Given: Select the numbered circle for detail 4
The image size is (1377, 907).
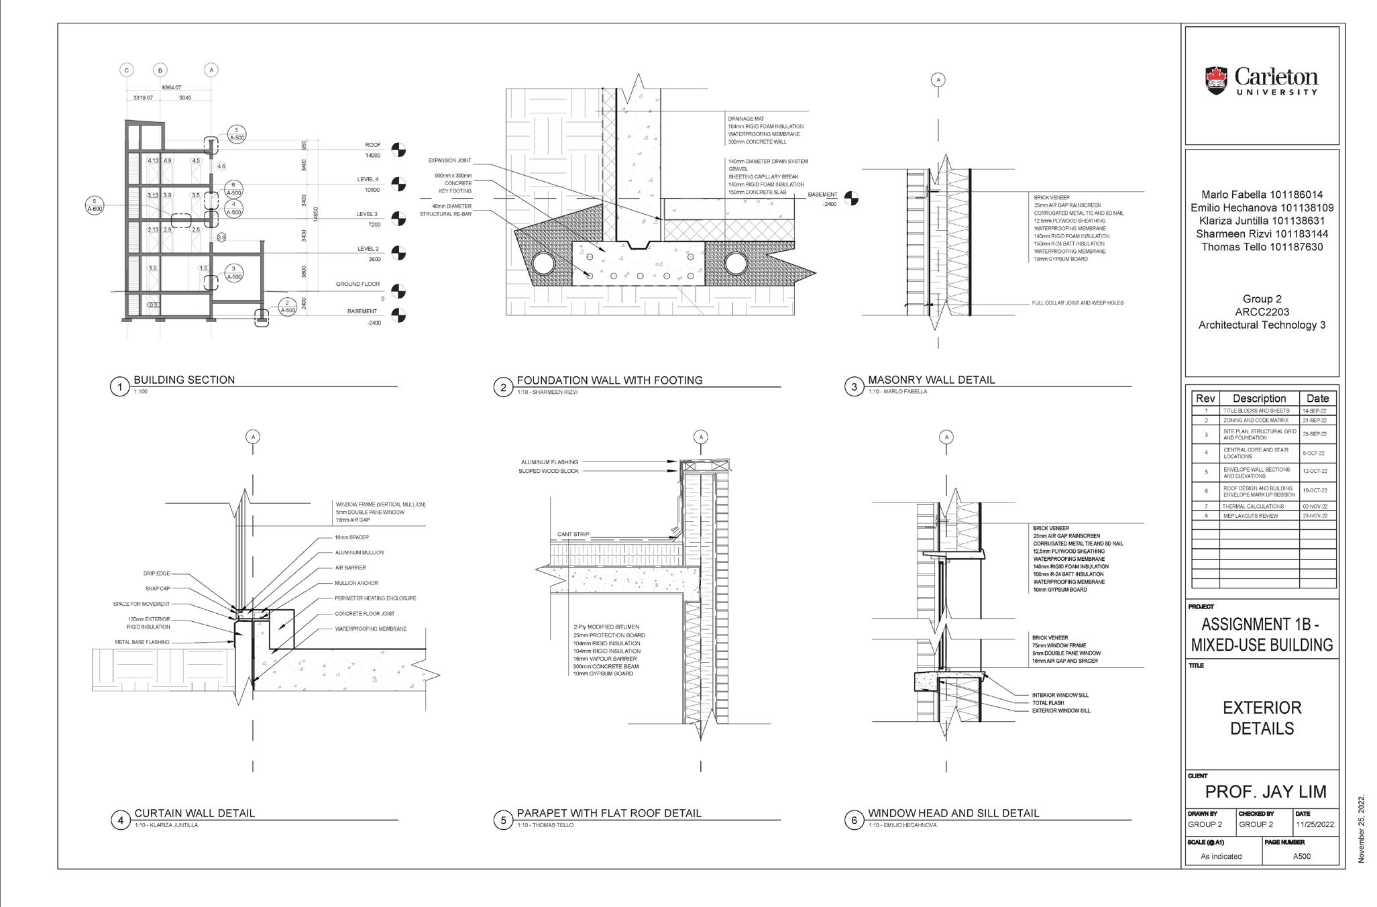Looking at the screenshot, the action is click(120, 820).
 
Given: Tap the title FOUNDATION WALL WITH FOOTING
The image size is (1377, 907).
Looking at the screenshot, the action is click(609, 380).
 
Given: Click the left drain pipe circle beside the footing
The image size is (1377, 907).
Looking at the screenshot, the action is click(543, 264).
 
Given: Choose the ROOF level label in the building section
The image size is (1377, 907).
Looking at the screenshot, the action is click(373, 145).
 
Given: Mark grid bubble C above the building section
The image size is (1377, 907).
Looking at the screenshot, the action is click(127, 70).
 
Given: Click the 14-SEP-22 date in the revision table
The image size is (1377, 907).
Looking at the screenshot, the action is click(1318, 411).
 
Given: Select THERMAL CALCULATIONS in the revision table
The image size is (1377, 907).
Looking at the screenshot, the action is click(1252, 506).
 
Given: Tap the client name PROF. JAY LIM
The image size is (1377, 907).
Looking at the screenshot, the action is click(1265, 792).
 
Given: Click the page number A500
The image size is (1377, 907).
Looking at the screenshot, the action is click(1301, 856).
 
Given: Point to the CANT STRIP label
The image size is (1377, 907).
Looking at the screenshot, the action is click(573, 535).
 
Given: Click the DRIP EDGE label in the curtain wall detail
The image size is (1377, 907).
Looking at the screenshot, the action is click(156, 574).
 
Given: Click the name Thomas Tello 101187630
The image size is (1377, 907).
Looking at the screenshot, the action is click(1262, 247).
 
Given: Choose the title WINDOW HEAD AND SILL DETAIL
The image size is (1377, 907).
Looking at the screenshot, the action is click(953, 813).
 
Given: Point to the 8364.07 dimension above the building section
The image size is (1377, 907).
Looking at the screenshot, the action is click(172, 88).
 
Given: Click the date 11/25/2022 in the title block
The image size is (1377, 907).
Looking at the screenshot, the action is click(1315, 824).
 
